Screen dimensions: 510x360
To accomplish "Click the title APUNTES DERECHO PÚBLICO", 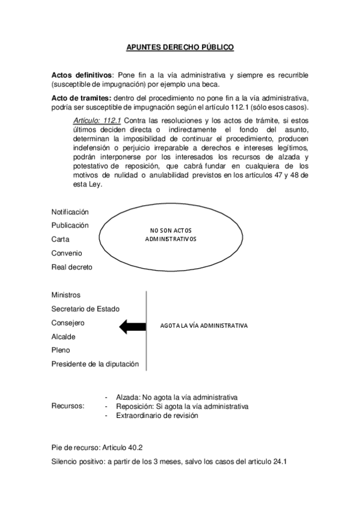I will [180, 46].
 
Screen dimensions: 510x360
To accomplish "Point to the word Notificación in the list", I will [70, 212].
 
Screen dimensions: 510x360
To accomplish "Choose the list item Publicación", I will [70, 226].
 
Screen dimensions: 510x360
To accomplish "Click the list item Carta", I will [60, 239].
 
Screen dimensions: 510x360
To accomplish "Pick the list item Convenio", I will [66, 253].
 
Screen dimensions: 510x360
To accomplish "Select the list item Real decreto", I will [72, 267].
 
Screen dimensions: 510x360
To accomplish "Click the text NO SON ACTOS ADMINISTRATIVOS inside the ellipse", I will [171, 235].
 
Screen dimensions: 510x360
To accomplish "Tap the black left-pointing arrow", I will [133, 326].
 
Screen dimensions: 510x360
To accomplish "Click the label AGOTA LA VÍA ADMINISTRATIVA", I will [204, 326].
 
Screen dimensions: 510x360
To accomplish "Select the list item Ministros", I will [66, 295].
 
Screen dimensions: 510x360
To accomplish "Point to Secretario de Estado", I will [85, 309].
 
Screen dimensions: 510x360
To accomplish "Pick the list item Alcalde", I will [64, 337].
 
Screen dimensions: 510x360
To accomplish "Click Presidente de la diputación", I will [95, 364].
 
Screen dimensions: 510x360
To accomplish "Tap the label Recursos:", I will [68, 407].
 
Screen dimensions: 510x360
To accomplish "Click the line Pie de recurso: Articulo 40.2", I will [97, 448].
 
